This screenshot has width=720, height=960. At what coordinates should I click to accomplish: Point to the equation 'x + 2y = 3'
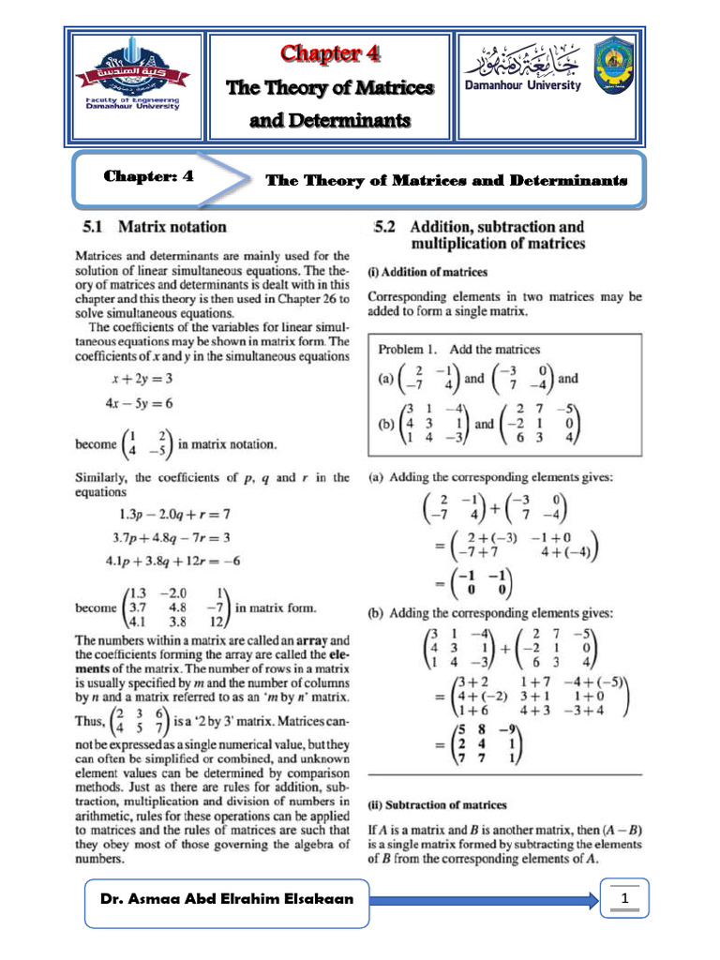pos(139,380)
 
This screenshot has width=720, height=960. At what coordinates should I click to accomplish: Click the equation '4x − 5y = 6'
pos(139,404)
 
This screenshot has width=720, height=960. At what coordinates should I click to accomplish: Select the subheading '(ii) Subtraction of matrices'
pos(437,804)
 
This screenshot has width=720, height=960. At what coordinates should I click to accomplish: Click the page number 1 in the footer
pos(623,900)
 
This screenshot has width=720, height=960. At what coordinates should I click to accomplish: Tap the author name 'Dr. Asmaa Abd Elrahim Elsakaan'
pos(228,900)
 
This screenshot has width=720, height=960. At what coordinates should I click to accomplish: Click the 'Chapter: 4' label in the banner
pos(149,175)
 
